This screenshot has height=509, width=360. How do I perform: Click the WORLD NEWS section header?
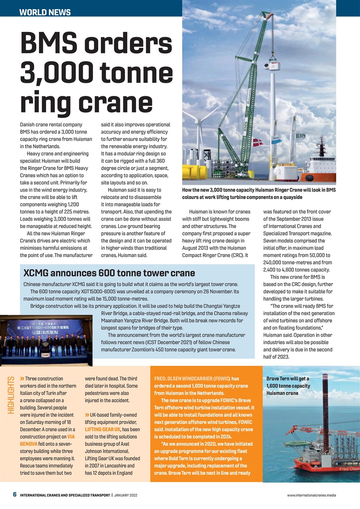pyautogui.click(x=45, y=12)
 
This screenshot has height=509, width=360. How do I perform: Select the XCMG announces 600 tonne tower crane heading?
pyautogui.click(x=109, y=273)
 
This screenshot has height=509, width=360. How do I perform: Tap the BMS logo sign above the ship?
pyautogui.click(x=300, y=136)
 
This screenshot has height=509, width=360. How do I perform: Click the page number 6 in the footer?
pyautogui.click(x=14, y=495)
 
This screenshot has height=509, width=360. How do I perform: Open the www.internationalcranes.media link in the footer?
pyautogui.click(x=311, y=495)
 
